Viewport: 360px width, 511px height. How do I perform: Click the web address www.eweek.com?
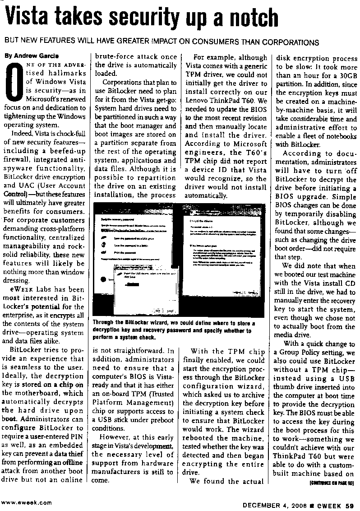click(x=26, y=502)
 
